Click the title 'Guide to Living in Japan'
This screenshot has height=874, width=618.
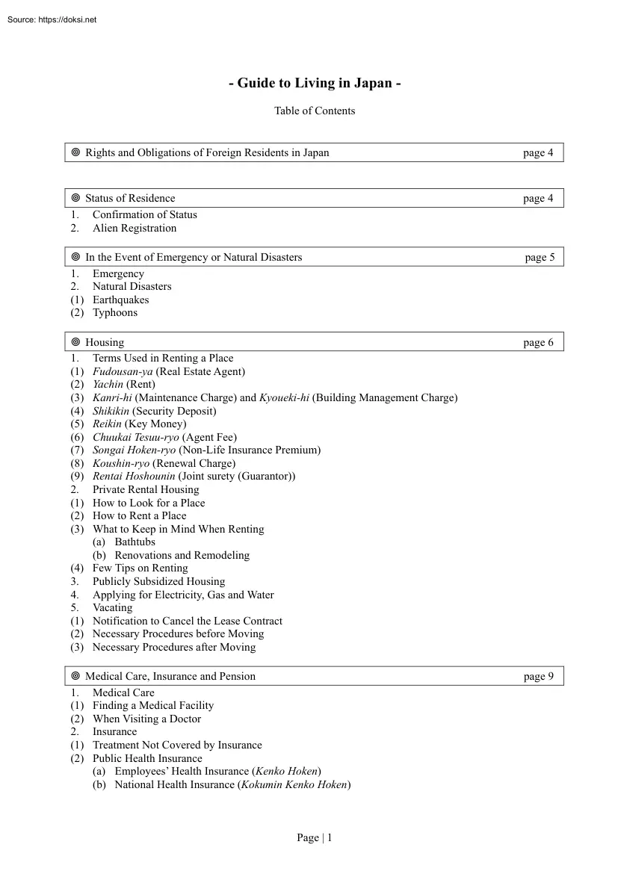tap(315, 84)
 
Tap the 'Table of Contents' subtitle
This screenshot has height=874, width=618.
tap(315, 111)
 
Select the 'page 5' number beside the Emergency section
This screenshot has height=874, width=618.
tap(540, 258)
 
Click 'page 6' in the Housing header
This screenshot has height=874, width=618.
tap(538, 343)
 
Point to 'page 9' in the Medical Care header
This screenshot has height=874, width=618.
tap(538, 677)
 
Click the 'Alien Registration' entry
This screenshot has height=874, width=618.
tap(135, 229)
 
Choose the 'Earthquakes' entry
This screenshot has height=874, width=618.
tap(120, 300)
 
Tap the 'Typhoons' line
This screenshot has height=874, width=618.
tap(114, 313)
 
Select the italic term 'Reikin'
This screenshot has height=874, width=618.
tap(107, 424)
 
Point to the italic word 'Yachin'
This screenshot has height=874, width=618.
tap(108, 385)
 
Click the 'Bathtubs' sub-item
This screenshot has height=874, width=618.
tap(135, 542)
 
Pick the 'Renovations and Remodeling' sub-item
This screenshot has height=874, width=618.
tap(182, 556)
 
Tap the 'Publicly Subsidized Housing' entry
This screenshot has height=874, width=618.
tap(158, 582)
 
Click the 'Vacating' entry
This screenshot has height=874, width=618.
tap(112, 608)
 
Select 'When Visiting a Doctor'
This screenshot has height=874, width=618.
tap(146, 719)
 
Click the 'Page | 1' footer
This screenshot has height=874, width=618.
tap(315, 838)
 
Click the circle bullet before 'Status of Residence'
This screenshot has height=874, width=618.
tap(75, 199)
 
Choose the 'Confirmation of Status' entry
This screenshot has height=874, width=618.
tap(145, 215)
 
